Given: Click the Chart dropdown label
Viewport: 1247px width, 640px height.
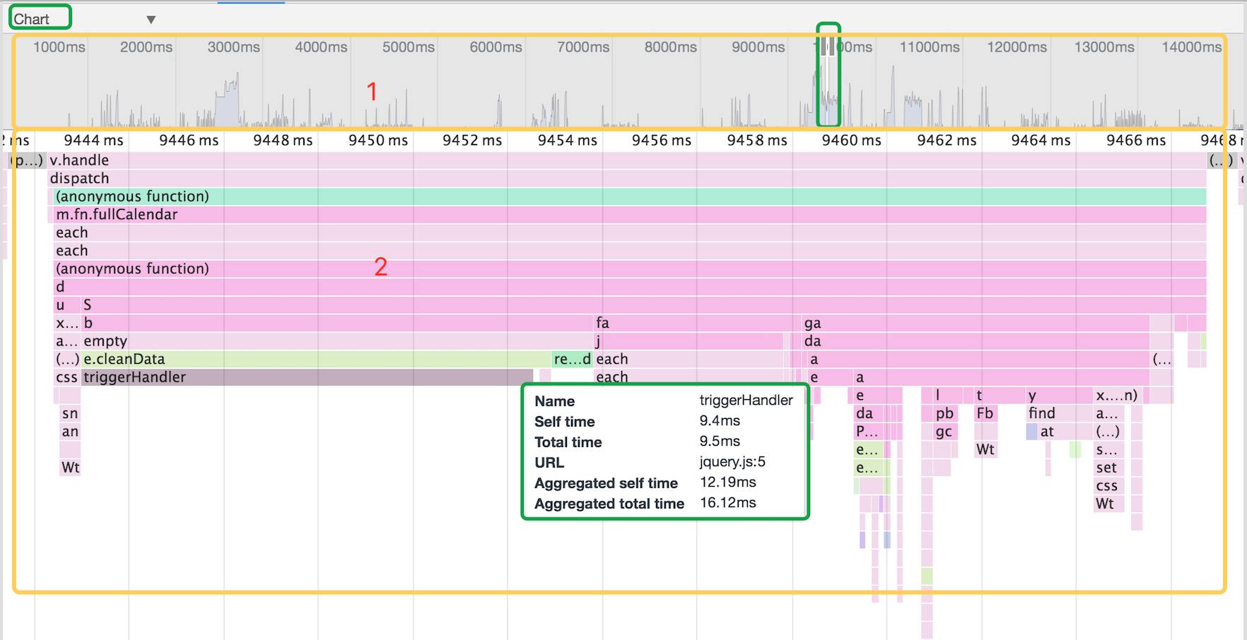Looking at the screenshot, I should tap(32, 19).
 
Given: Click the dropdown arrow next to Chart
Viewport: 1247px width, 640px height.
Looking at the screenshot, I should tap(151, 20).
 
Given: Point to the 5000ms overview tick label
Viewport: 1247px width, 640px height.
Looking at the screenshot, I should tap(408, 47).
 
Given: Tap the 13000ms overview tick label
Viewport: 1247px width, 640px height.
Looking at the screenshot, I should tap(1103, 47).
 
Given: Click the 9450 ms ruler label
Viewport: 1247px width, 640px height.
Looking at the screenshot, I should tap(377, 141).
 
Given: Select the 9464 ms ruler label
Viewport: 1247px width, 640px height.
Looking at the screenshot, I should tap(1041, 141).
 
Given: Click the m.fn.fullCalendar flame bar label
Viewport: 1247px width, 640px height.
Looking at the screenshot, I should tap(117, 215).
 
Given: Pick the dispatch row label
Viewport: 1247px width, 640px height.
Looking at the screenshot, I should tap(79, 179).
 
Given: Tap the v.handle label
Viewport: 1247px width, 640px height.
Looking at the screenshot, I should tap(79, 160).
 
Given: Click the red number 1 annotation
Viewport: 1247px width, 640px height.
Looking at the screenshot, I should tap(372, 92).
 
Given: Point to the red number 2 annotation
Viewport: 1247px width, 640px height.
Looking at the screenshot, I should tap(380, 267).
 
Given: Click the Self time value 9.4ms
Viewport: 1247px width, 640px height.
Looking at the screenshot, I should tap(720, 421).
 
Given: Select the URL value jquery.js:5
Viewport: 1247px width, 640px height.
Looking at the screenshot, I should tap(732, 462).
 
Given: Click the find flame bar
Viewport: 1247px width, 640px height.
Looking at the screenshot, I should tap(1042, 413).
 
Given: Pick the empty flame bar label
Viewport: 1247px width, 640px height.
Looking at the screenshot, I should tap(105, 341).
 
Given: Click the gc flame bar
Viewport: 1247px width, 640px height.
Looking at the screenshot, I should tap(943, 432).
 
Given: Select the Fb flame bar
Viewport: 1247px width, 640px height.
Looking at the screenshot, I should tap(985, 413).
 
